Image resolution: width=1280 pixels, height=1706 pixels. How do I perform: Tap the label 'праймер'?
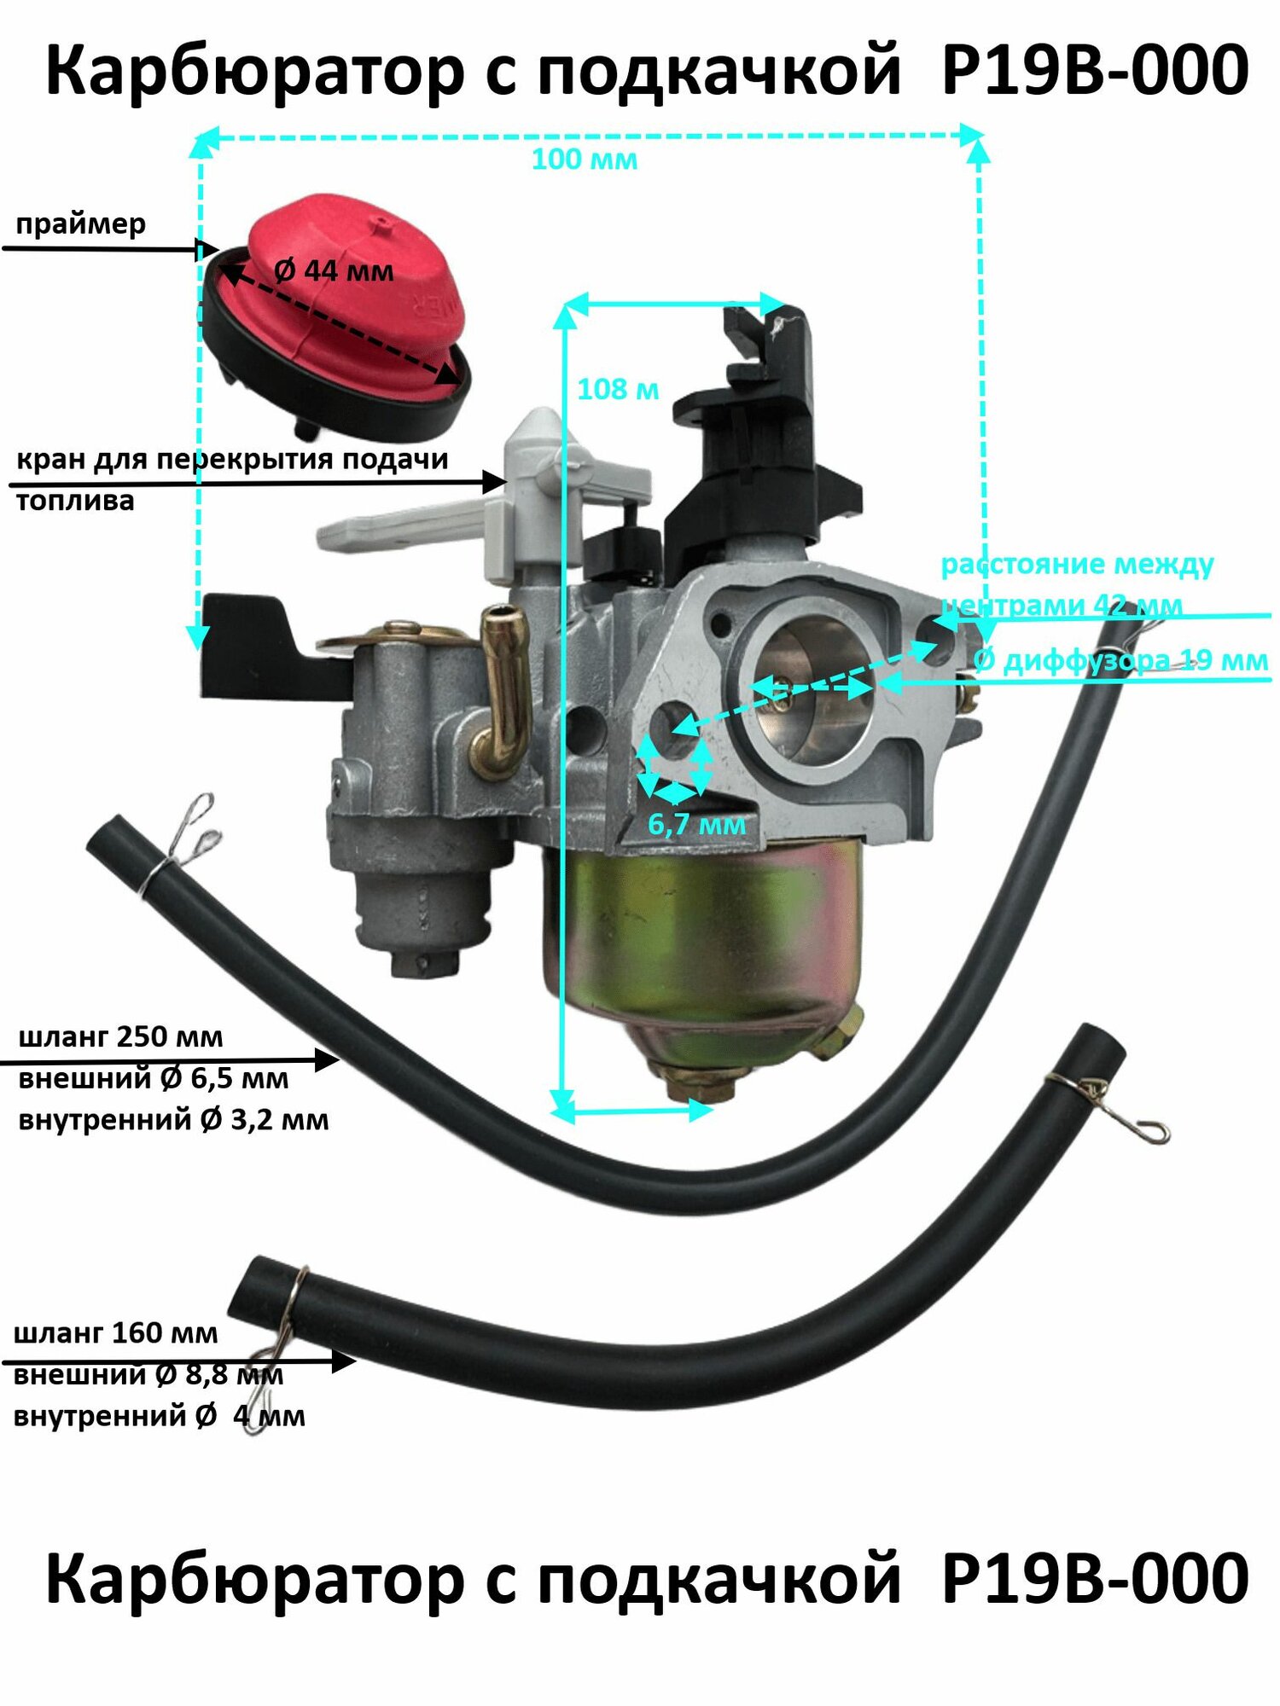tap(81, 223)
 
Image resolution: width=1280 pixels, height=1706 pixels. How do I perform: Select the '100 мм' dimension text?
tap(585, 160)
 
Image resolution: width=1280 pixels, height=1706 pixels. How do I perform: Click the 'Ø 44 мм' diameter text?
tap(334, 271)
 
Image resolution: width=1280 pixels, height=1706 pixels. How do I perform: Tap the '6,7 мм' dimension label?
tap(696, 824)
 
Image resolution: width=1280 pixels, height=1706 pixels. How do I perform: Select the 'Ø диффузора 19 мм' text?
tap(1120, 661)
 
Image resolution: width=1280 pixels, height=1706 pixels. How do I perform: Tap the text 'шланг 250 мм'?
tap(120, 1037)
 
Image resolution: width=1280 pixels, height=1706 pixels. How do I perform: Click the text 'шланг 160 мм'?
tap(116, 1332)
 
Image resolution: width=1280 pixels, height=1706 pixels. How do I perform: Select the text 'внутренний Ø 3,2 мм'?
tap(173, 1119)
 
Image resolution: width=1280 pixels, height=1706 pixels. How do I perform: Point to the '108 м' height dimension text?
tap(618, 389)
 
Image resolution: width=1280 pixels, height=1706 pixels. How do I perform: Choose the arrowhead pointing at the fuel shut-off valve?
tap(495, 482)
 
